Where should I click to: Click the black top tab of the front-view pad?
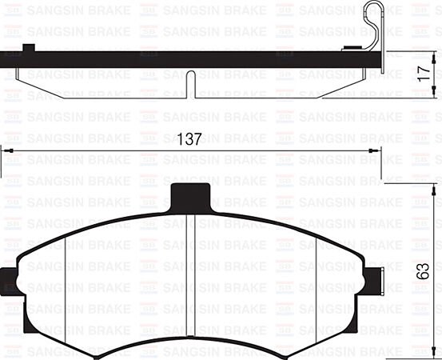click(191, 194)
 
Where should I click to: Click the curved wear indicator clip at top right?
click(372, 24)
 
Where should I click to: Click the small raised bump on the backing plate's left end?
click(30, 48)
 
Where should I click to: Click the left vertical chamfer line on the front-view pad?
click(64, 280)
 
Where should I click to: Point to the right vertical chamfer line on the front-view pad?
click(317, 280)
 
